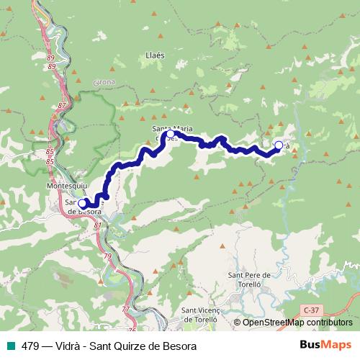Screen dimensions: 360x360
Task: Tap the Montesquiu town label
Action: pyautogui.click(x=66, y=184)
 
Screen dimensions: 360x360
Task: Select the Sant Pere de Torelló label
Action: pyautogui.click(x=248, y=279)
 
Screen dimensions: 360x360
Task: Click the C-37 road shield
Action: pyautogui.click(x=311, y=308)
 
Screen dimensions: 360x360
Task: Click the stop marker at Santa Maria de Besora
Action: pyautogui.click(x=171, y=134)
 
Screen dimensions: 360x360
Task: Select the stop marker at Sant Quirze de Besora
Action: pyautogui.click(x=82, y=204)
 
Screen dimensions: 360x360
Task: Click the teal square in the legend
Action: pyautogui.click(x=9, y=346)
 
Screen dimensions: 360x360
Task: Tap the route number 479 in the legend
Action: pyautogui.click(x=30, y=346)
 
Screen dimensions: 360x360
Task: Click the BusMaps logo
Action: pyautogui.click(x=325, y=345)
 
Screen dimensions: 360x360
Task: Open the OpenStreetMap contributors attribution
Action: pyautogui.click(x=297, y=323)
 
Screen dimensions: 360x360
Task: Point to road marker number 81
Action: pyautogui.click(x=98, y=225)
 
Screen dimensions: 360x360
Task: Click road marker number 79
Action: pyautogui.click(x=107, y=256)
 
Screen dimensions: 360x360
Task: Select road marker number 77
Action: pyautogui.click(x=125, y=308)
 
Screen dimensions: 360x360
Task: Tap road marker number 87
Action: pyautogui.click(x=60, y=105)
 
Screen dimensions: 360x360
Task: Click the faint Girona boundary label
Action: pyautogui.click(x=104, y=83)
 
